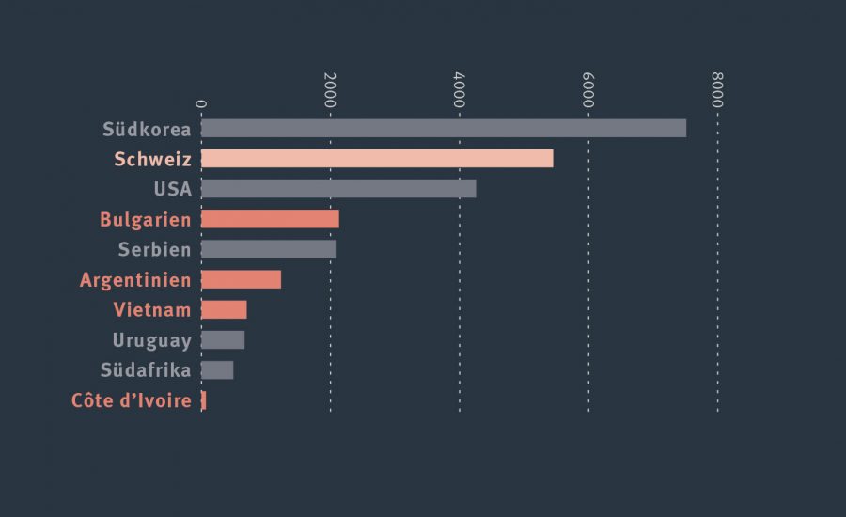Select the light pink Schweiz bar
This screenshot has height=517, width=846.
click(x=377, y=159)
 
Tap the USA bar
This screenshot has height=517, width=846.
click(x=338, y=189)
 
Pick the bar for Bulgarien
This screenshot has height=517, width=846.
click(x=270, y=219)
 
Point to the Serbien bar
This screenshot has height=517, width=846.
click(x=268, y=249)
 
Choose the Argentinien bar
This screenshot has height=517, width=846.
click(x=241, y=279)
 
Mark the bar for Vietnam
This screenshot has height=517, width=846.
click(x=224, y=310)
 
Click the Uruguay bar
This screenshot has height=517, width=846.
click(x=223, y=340)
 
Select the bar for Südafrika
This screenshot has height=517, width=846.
click(x=217, y=370)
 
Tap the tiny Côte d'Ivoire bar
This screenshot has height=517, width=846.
click(x=204, y=400)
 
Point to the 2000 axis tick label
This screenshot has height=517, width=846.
click(x=330, y=89)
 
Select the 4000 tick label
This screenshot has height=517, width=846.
click(x=459, y=89)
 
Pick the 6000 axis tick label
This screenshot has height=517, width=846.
click(x=588, y=89)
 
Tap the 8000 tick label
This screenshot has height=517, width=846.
click(x=717, y=89)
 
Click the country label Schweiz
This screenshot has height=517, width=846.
click(x=152, y=159)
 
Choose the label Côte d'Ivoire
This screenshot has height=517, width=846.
click(x=132, y=400)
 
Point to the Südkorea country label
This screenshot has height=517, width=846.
click(x=148, y=129)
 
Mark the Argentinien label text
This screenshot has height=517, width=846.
click(x=135, y=279)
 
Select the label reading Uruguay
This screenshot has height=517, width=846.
click(x=152, y=340)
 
